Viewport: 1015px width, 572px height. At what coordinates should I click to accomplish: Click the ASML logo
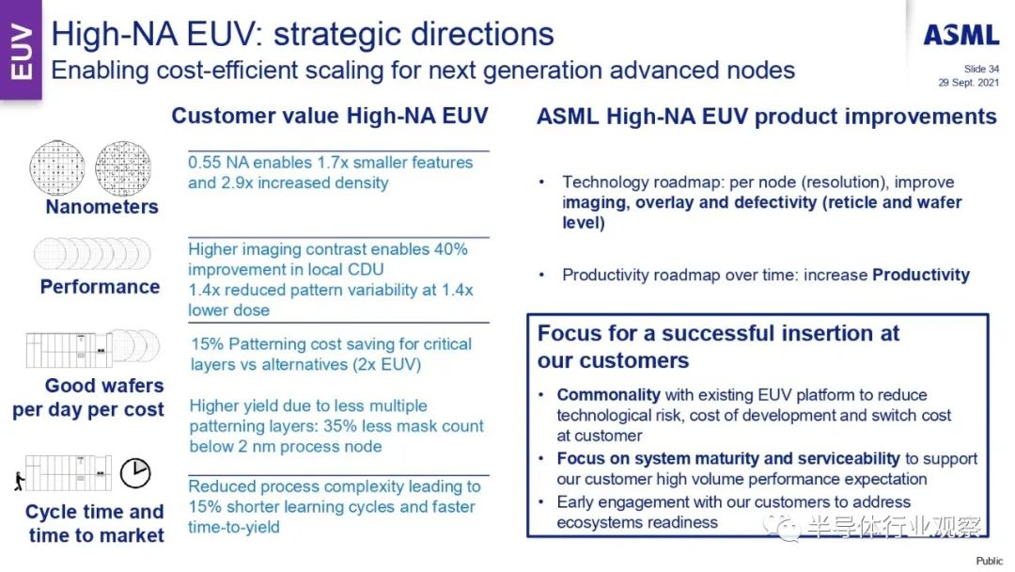pyautogui.click(x=961, y=35)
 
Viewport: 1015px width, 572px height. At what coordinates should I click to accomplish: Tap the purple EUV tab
pyautogui.click(x=21, y=50)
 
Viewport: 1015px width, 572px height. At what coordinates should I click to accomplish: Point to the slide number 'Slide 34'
pyautogui.click(x=981, y=69)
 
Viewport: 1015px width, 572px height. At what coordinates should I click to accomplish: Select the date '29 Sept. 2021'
pyautogui.click(x=968, y=82)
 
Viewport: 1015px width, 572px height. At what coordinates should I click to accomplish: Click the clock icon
pyautogui.click(x=135, y=473)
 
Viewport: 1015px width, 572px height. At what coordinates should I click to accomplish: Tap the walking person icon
pyautogui.click(x=20, y=480)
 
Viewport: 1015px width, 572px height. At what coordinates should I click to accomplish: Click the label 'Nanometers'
pyautogui.click(x=101, y=207)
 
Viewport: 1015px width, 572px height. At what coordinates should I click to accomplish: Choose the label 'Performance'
pyautogui.click(x=100, y=286)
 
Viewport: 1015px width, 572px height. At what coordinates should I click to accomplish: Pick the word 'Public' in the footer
pyautogui.click(x=989, y=561)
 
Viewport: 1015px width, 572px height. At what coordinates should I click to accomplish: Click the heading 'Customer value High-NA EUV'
pyautogui.click(x=330, y=116)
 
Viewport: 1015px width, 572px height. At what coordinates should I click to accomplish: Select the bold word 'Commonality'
pyautogui.click(x=608, y=394)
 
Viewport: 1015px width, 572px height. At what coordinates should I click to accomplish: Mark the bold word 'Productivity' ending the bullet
pyautogui.click(x=921, y=275)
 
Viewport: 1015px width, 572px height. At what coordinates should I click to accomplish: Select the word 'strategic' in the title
pyautogui.click(x=338, y=35)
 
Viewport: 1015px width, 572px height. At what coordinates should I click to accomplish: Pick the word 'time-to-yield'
pyautogui.click(x=234, y=527)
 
